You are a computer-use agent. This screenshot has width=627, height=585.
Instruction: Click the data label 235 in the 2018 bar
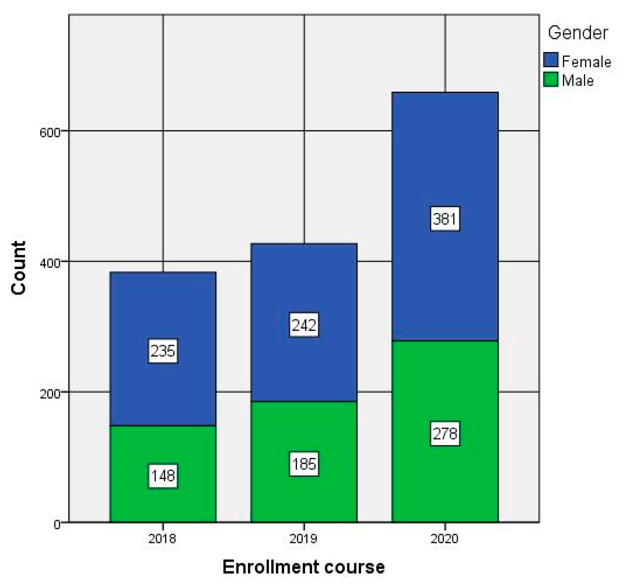point(163,351)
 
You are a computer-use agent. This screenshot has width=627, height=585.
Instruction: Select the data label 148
point(163,476)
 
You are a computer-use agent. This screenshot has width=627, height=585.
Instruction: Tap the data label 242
point(304,325)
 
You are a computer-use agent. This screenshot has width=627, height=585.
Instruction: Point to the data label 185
point(304,464)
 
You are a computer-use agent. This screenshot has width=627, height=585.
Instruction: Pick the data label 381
point(445,219)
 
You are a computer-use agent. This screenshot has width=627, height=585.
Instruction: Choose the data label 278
point(445,434)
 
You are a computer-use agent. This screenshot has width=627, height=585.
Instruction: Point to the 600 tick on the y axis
point(49,132)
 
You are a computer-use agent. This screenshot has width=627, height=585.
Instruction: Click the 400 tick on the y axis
point(49,263)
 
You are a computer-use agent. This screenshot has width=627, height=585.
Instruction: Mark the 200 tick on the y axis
point(49,393)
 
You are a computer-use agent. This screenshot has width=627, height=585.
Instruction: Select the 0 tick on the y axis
point(57,524)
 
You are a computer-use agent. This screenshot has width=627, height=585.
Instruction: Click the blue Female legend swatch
point(551,60)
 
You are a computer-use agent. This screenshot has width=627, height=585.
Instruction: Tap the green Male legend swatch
point(551,79)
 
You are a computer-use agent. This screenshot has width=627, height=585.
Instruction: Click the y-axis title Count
point(18,268)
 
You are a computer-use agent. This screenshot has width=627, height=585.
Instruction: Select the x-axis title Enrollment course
point(303,567)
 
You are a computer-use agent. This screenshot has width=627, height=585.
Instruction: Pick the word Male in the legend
point(578,81)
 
